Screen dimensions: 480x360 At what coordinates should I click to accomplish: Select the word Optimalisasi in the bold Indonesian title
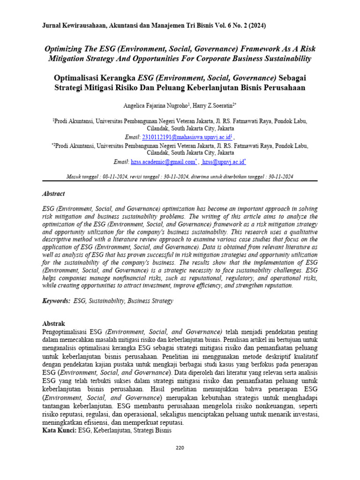coord(79,77)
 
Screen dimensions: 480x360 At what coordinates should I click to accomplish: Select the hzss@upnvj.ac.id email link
coord(224,162)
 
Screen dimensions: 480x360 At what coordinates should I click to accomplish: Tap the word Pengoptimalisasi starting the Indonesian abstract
coord(67,331)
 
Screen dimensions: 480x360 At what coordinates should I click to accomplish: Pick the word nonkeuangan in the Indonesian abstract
coord(274,406)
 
